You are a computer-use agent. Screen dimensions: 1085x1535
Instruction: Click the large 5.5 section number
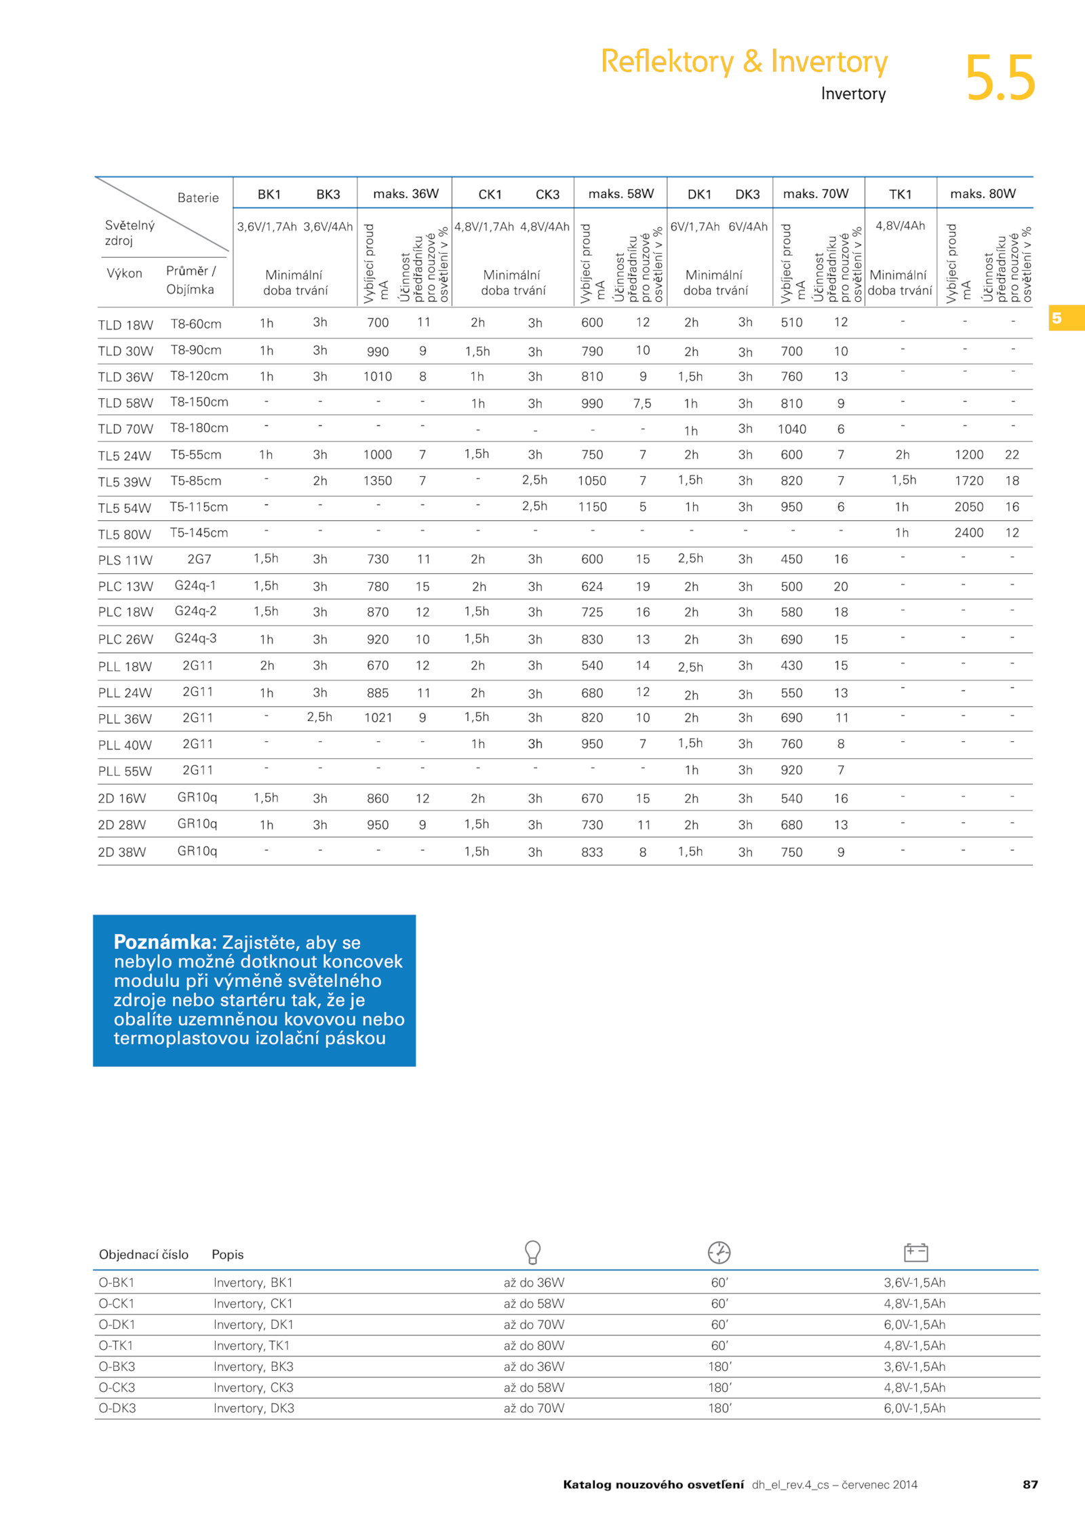coord(1000,78)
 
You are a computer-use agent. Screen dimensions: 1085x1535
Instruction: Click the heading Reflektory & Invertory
coord(744,62)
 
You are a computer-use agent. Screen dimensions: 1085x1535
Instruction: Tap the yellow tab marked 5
coord(1067,318)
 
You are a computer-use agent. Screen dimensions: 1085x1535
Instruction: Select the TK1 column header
coord(900,195)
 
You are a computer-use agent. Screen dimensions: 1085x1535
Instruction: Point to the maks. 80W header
coord(983,194)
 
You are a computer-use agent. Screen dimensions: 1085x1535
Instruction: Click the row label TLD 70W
coord(125,429)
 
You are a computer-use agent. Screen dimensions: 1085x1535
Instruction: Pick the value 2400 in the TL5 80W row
coord(968,533)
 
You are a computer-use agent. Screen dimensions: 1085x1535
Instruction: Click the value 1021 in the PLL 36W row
coord(378,718)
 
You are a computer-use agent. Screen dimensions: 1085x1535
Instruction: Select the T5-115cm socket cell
coord(199,507)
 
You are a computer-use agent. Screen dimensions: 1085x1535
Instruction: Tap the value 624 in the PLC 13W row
coord(592,587)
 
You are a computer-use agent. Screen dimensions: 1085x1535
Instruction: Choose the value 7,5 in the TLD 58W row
coord(642,404)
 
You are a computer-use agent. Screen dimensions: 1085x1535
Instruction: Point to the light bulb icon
coord(533,1252)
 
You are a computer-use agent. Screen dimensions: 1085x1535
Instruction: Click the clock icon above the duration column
coord(719,1252)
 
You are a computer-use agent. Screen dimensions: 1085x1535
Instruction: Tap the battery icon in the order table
coord(915,1252)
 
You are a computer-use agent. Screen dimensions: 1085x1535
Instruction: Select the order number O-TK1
coord(116,1346)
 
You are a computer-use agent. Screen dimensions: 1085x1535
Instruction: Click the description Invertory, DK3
coord(254,1409)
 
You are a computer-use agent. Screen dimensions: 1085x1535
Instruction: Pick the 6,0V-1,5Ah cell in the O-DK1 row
coord(914,1325)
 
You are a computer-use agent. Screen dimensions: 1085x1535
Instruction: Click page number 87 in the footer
coord(1030,1485)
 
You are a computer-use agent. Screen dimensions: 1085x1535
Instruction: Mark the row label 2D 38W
coord(122,853)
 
